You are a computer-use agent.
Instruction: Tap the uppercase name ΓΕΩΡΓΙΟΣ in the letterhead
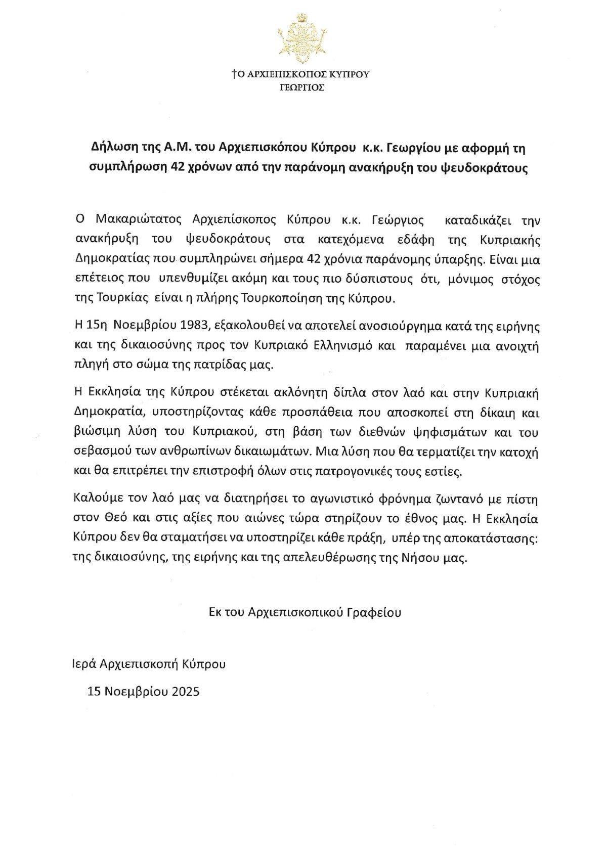(x=301, y=87)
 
